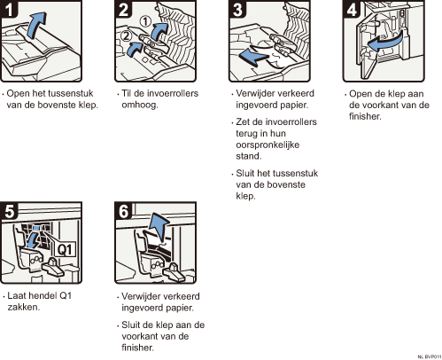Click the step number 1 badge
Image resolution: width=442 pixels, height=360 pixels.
point(8,9)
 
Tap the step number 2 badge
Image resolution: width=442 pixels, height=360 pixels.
point(123,9)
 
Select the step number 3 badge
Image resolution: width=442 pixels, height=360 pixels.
point(237,9)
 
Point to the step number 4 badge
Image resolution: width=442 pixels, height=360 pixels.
point(352,9)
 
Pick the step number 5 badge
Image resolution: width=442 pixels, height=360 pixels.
point(9,211)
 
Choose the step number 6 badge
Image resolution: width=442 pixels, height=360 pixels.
point(123,211)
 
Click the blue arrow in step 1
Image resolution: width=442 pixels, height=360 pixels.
point(36,24)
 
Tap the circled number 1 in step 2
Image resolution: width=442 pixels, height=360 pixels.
point(145,21)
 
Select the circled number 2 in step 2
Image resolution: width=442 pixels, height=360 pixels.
point(126,36)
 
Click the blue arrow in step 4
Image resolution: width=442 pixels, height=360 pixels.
point(384,43)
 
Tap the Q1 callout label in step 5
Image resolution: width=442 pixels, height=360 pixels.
point(65,250)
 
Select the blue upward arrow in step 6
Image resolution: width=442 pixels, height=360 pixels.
point(159,226)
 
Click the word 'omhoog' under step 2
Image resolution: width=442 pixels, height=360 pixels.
point(140,106)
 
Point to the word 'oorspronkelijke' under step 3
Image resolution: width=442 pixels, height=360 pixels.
point(268,145)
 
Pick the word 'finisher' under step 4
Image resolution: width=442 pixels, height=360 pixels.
point(365,116)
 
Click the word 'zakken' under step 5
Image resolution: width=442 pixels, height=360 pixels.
point(24,307)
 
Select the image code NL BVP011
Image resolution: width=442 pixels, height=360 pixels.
point(430,357)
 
